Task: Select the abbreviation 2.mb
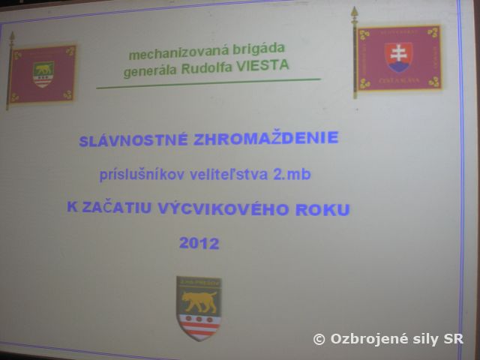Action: pyautogui.click(x=293, y=175)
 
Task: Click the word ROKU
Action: pyautogui.click(x=323, y=210)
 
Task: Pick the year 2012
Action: pyautogui.click(x=199, y=243)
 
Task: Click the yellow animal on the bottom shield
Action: pyautogui.click(x=199, y=301)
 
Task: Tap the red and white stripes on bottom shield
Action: pyautogui.click(x=199, y=324)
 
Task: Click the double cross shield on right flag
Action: pyautogui.click(x=398, y=56)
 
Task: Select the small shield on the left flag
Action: pyautogui.click(x=43, y=73)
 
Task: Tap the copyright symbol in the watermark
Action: pyautogui.click(x=319, y=340)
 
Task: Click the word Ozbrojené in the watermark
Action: pyautogui.click(x=364, y=340)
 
